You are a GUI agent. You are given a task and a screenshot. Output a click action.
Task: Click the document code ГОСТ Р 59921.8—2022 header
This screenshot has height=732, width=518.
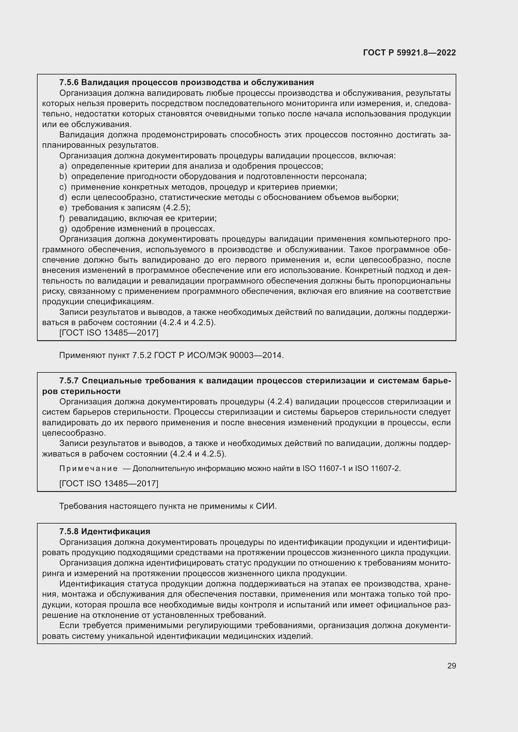tap(409, 53)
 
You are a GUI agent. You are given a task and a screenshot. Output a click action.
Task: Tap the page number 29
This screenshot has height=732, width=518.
tap(451, 666)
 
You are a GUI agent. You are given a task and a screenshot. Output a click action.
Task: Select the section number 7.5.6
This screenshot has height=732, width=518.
tap(69, 83)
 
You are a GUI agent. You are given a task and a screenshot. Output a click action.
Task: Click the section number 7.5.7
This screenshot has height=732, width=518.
tap(69, 381)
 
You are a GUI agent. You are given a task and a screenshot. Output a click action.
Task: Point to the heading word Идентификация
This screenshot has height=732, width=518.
tap(116, 531)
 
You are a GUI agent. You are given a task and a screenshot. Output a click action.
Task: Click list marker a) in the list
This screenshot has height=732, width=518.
tap(63, 166)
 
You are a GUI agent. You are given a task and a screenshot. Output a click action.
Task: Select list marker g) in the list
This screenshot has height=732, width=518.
tap(63, 228)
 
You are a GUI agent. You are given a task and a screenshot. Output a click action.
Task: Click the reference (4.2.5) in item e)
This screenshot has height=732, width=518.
tap(177, 208)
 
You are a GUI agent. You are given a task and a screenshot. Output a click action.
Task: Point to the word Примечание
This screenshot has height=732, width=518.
tap(88, 468)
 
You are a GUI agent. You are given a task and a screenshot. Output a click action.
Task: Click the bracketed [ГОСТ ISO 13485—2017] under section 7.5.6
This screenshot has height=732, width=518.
tap(109, 333)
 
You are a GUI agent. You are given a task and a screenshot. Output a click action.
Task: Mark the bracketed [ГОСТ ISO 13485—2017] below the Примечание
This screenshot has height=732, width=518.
tap(109, 484)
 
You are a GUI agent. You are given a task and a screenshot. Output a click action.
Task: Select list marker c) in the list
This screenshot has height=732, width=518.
tap(63, 187)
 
